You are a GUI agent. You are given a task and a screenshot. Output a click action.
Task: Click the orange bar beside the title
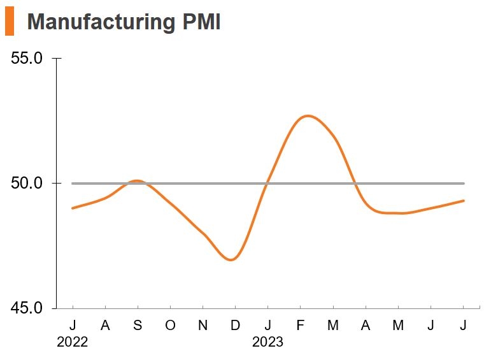[10, 22]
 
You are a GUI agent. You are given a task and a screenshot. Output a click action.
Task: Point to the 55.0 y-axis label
[27, 59]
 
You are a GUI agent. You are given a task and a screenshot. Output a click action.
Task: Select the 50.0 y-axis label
[27, 184]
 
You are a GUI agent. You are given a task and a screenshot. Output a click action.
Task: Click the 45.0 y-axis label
[27, 308]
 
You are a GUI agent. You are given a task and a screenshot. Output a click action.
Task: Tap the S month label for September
[138, 326]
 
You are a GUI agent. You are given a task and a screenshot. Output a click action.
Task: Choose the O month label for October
[170, 326]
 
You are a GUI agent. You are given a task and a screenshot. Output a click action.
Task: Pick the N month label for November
[203, 326]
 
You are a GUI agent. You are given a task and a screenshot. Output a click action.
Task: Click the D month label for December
[235, 326]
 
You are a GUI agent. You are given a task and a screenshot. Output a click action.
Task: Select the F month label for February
[301, 326]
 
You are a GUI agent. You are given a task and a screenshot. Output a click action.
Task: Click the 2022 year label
[72, 343]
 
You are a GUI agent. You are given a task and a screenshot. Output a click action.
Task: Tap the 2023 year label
[267, 343]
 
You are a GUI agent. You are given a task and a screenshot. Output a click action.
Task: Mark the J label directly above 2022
[73, 326]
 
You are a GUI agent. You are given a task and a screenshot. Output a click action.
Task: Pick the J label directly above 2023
[268, 326]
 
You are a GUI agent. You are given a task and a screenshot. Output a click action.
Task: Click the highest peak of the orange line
[308, 116]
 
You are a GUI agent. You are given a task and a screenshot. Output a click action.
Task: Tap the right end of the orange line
[464, 201]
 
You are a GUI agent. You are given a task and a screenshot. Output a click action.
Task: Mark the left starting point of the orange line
[73, 208]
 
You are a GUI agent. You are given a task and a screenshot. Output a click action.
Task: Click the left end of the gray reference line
[73, 184]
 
